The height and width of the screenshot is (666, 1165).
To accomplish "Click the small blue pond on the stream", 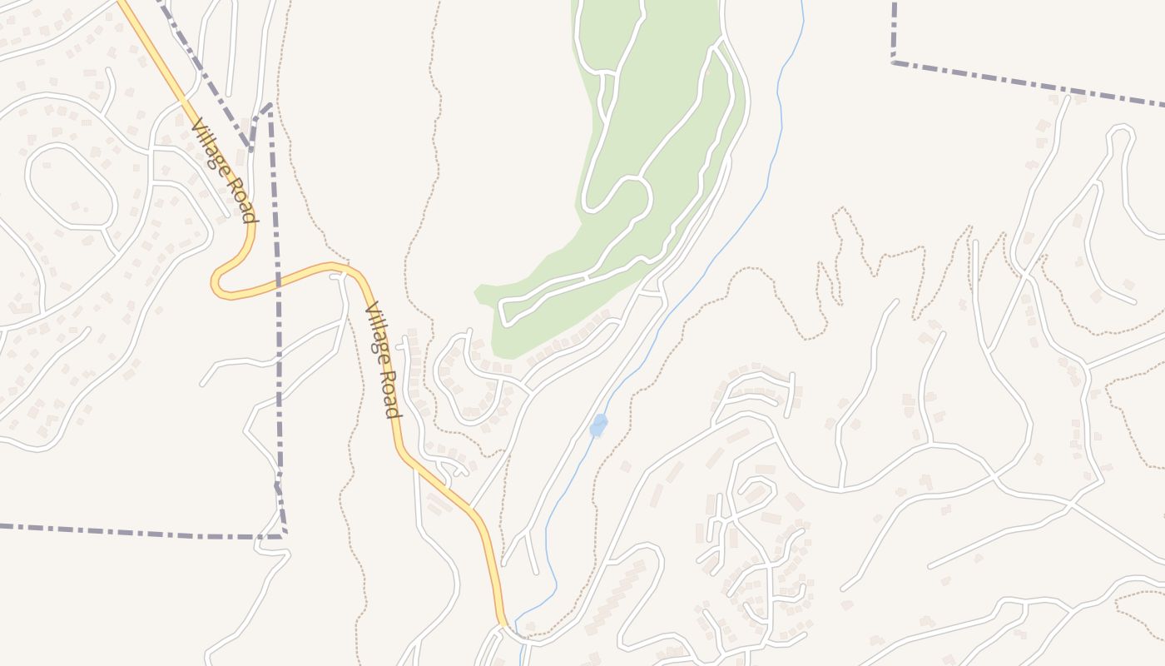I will (x=598, y=425).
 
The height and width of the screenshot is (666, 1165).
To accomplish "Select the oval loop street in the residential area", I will (x=70, y=186).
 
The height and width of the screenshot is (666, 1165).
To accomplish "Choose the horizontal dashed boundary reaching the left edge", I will (x=125, y=531).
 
